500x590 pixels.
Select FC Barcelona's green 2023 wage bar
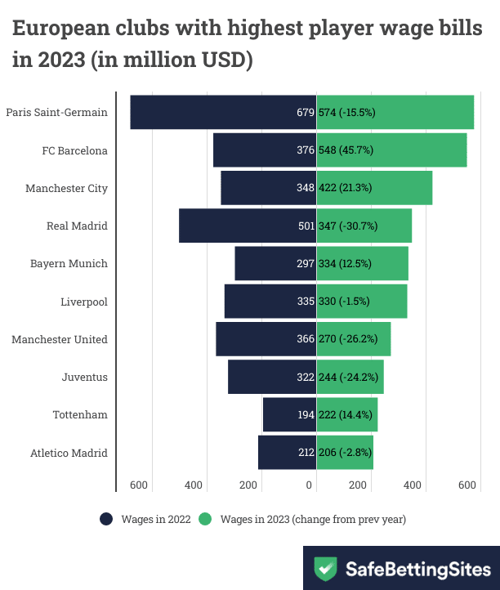pos(392,150)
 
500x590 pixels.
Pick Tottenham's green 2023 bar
pos(347,415)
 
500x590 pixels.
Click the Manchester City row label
pos(66,188)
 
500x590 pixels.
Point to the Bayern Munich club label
pos(69,263)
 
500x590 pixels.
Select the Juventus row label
pos(84,378)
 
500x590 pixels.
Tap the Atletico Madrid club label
pos(69,453)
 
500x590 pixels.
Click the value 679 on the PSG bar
pos(306,113)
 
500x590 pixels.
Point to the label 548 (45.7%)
pos(346,150)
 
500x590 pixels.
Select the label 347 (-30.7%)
pos(347,226)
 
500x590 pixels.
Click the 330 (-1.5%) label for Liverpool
pos(345,301)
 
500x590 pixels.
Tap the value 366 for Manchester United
pos(306,338)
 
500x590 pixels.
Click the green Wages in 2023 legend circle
pos(206,519)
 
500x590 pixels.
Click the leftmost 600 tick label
pos(139,485)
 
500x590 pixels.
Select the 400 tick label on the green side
pos(413,485)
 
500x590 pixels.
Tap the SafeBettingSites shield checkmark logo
pos(327,569)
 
